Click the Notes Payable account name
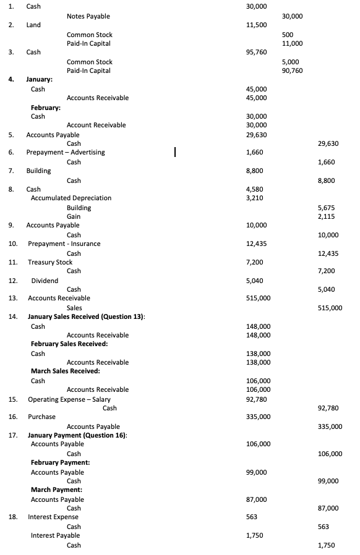[88, 16]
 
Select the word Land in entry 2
[33, 25]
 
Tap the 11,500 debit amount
[256, 25]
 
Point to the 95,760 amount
[256, 52]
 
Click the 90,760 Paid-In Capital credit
[292, 70]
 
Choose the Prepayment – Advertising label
[66, 152]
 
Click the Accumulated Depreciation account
[71, 198]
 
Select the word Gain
[74, 216]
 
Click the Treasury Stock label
[50, 262]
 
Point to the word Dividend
[45, 281]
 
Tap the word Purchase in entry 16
[42, 417]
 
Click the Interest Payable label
[55, 535]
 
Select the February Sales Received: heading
[69, 344]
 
